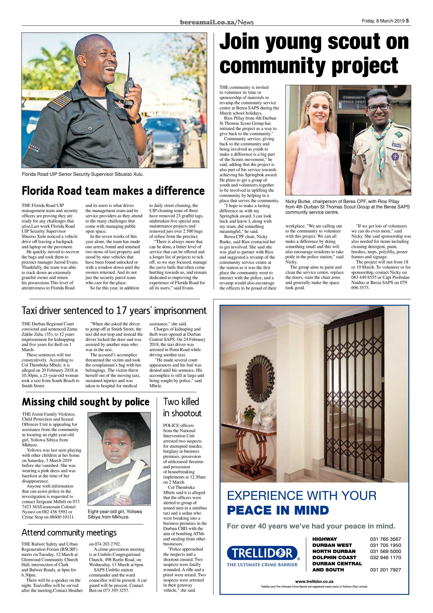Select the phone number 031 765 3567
(x=385, y=539)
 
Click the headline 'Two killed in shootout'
(x=182, y=407)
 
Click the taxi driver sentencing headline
(x=114, y=310)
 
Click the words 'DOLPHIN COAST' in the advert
(x=334, y=557)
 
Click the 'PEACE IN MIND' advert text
(x=278, y=510)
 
